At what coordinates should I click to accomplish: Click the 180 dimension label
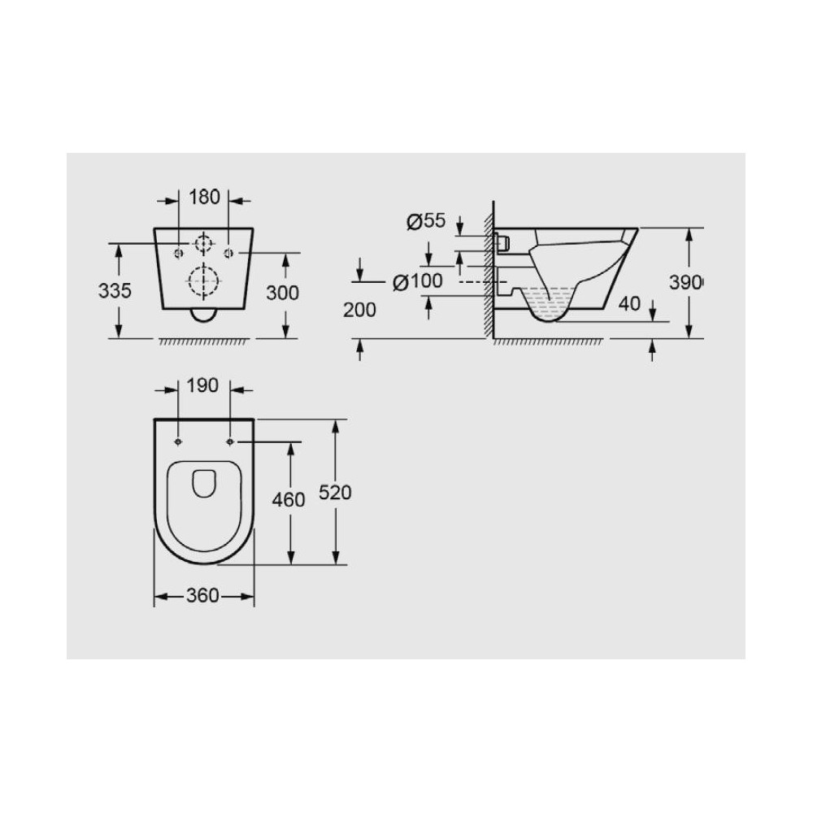tap(204, 197)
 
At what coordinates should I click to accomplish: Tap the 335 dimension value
tap(115, 291)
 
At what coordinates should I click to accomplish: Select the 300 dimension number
tap(283, 293)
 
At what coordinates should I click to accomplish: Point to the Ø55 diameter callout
tap(426, 221)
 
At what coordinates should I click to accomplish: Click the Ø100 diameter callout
tap(417, 281)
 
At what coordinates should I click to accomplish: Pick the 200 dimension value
tap(359, 310)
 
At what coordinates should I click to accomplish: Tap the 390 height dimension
tap(685, 283)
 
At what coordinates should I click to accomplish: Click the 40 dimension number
tap(629, 304)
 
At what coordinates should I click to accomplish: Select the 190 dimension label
tap(202, 385)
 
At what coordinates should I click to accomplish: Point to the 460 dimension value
tap(289, 500)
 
